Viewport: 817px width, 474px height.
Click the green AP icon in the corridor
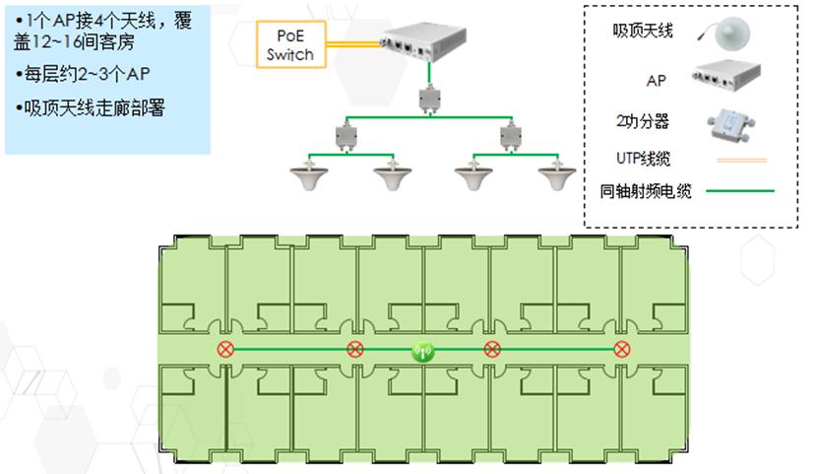(423, 350)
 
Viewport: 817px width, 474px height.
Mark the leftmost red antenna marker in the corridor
(226, 350)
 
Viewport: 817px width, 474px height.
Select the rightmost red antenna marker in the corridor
(621, 350)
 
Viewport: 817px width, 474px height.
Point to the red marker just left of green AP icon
(354, 350)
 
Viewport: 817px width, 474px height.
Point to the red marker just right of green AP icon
(492, 350)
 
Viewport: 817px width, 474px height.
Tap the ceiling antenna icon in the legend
(729, 33)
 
